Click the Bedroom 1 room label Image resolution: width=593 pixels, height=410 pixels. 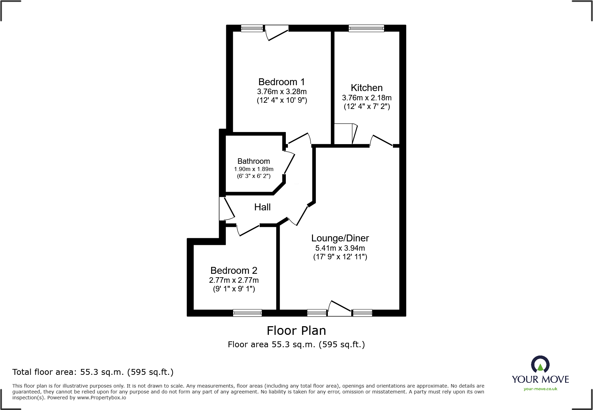(x=281, y=82)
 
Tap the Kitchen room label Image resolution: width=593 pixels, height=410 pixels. (x=366, y=88)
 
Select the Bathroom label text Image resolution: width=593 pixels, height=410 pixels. (x=253, y=161)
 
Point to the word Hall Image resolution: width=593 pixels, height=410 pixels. (x=262, y=207)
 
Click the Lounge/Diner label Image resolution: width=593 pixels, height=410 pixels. (x=340, y=238)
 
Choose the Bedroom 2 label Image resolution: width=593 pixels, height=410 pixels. (x=234, y=271)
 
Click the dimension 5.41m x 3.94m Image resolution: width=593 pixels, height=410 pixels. (x=340, y=248)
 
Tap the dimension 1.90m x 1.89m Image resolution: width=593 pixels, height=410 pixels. (x=253, y=169)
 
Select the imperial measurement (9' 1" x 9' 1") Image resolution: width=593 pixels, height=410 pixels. (x=234, y=289)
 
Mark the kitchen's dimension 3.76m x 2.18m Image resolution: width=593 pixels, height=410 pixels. (x=366, y=98)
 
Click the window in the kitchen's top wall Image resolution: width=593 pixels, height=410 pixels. (x=366, y=28)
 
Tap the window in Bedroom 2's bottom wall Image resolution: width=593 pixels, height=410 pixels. (x=247, y=313)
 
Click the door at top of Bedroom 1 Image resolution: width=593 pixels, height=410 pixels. (x=277, y=33)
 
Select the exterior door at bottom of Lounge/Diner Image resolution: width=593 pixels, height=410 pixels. (x=339, y=309)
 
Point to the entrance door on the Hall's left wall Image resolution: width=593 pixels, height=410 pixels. (x=226, y=209)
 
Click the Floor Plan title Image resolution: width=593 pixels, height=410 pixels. (x=296, y=331)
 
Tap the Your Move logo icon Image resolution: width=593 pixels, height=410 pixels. (x=540, y=364)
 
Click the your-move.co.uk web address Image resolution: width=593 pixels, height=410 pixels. (x=540, y=389)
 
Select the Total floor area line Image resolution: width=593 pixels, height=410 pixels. (x=93, y=372)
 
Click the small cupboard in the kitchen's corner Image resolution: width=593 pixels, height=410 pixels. (x=344, y=134)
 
